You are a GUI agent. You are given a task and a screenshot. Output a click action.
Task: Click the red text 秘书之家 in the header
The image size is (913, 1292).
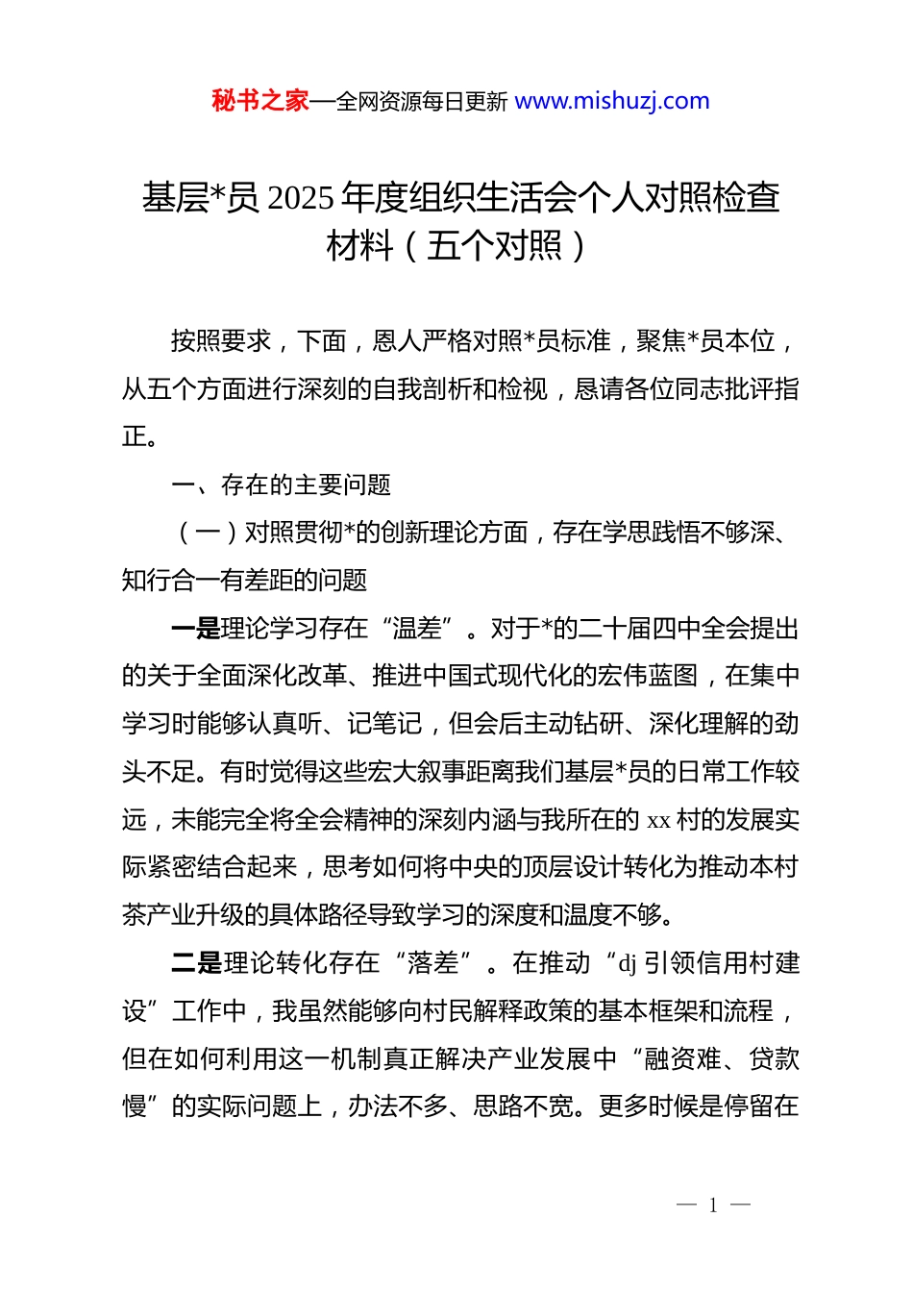pos(260,101)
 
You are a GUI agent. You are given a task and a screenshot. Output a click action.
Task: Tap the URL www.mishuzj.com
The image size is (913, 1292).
pos(612,101)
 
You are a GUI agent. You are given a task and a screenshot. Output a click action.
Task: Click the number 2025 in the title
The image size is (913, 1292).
pos(300,198)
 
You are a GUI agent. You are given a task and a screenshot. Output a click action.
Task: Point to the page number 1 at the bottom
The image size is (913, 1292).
pos(713,1205)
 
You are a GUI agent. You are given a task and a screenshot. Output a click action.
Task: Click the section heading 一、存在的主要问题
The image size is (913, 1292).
pos(281,484)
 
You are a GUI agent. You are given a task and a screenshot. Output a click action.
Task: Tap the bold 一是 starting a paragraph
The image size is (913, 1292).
pos(195,629)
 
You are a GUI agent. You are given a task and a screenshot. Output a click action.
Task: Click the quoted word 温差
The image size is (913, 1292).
pos(417,629)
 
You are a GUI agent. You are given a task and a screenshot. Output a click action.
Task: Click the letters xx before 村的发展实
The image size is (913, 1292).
pos(658,820)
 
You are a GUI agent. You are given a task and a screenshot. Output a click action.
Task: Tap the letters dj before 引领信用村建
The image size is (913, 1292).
pos(628,963)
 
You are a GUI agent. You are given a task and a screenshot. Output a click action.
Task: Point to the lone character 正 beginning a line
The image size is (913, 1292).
pos(135,436)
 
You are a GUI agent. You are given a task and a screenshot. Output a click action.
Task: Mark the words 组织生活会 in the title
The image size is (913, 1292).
pos(494,198)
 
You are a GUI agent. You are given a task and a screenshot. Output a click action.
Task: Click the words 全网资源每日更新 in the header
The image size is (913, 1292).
pos(422,102)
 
